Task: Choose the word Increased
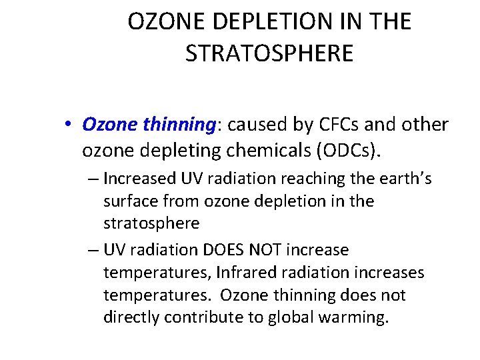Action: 137,179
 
